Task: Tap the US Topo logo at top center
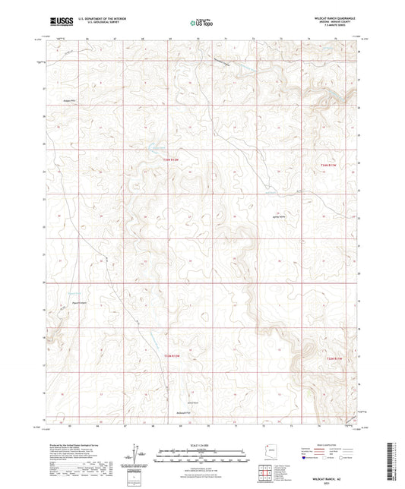[201, 23]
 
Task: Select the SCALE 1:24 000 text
[201, 444]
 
